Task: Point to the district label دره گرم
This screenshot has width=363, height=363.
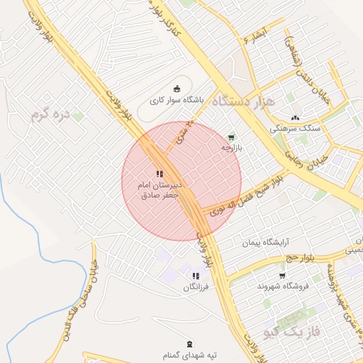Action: [x=52, y=113]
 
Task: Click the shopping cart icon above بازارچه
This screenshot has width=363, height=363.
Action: [x=230, y=137]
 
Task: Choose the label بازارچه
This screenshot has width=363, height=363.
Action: [x=231, y=149]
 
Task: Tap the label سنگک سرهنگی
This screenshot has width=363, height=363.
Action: [x=295, y=130]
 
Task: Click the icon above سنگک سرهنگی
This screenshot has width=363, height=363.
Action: [x=295, y=118]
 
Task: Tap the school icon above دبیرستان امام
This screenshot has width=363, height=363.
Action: [x=160, y=173]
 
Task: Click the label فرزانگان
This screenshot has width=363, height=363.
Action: [x=196, y=288]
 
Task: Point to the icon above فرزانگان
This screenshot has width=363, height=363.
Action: [x=196, y=276]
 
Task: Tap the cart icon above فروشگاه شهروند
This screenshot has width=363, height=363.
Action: [x=283, y=275]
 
